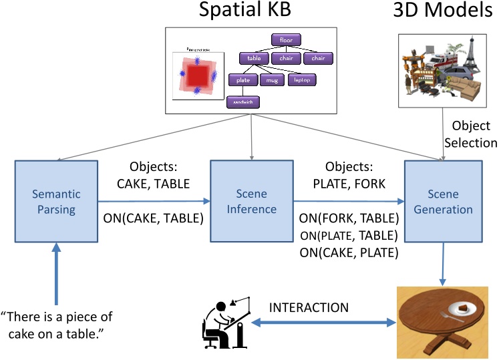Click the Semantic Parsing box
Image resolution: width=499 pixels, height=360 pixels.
coord(55,202)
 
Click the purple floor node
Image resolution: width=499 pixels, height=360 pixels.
coord(286,40)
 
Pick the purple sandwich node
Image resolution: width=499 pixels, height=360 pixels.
coord(242,102)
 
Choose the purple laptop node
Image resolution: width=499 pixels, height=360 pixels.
coord(302,80)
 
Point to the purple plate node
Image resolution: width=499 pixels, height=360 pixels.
coord(242,80)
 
